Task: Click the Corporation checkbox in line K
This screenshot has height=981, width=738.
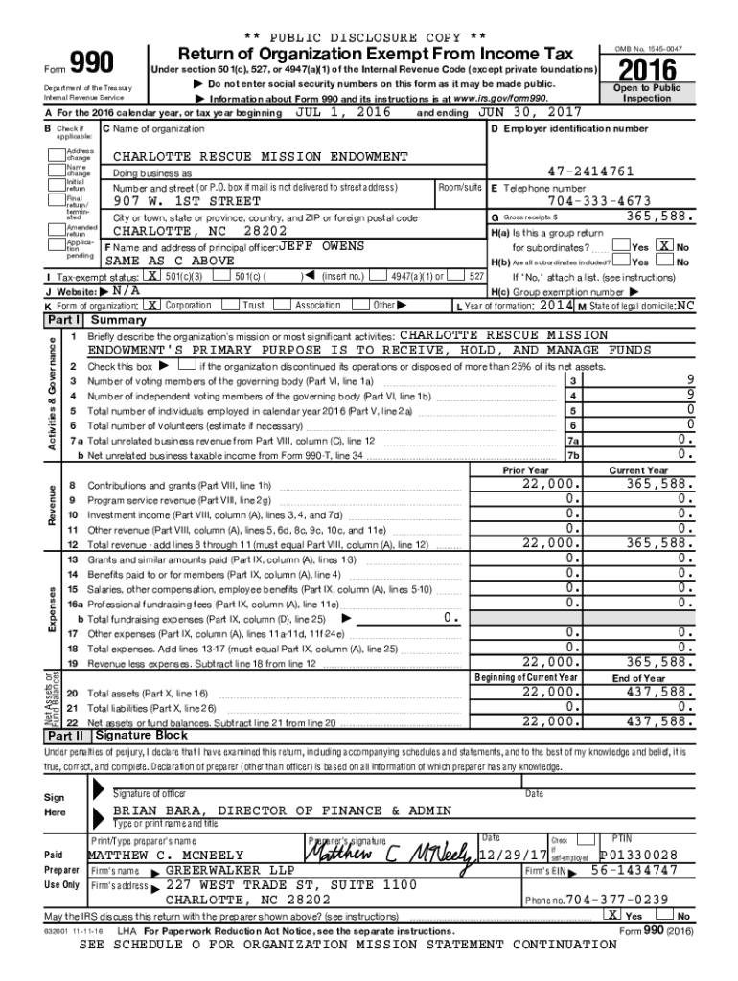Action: click(x=152, y=305)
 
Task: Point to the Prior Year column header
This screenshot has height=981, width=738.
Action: click(x=526, y=470)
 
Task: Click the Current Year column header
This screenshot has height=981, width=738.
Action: click(x=638, y=470)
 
